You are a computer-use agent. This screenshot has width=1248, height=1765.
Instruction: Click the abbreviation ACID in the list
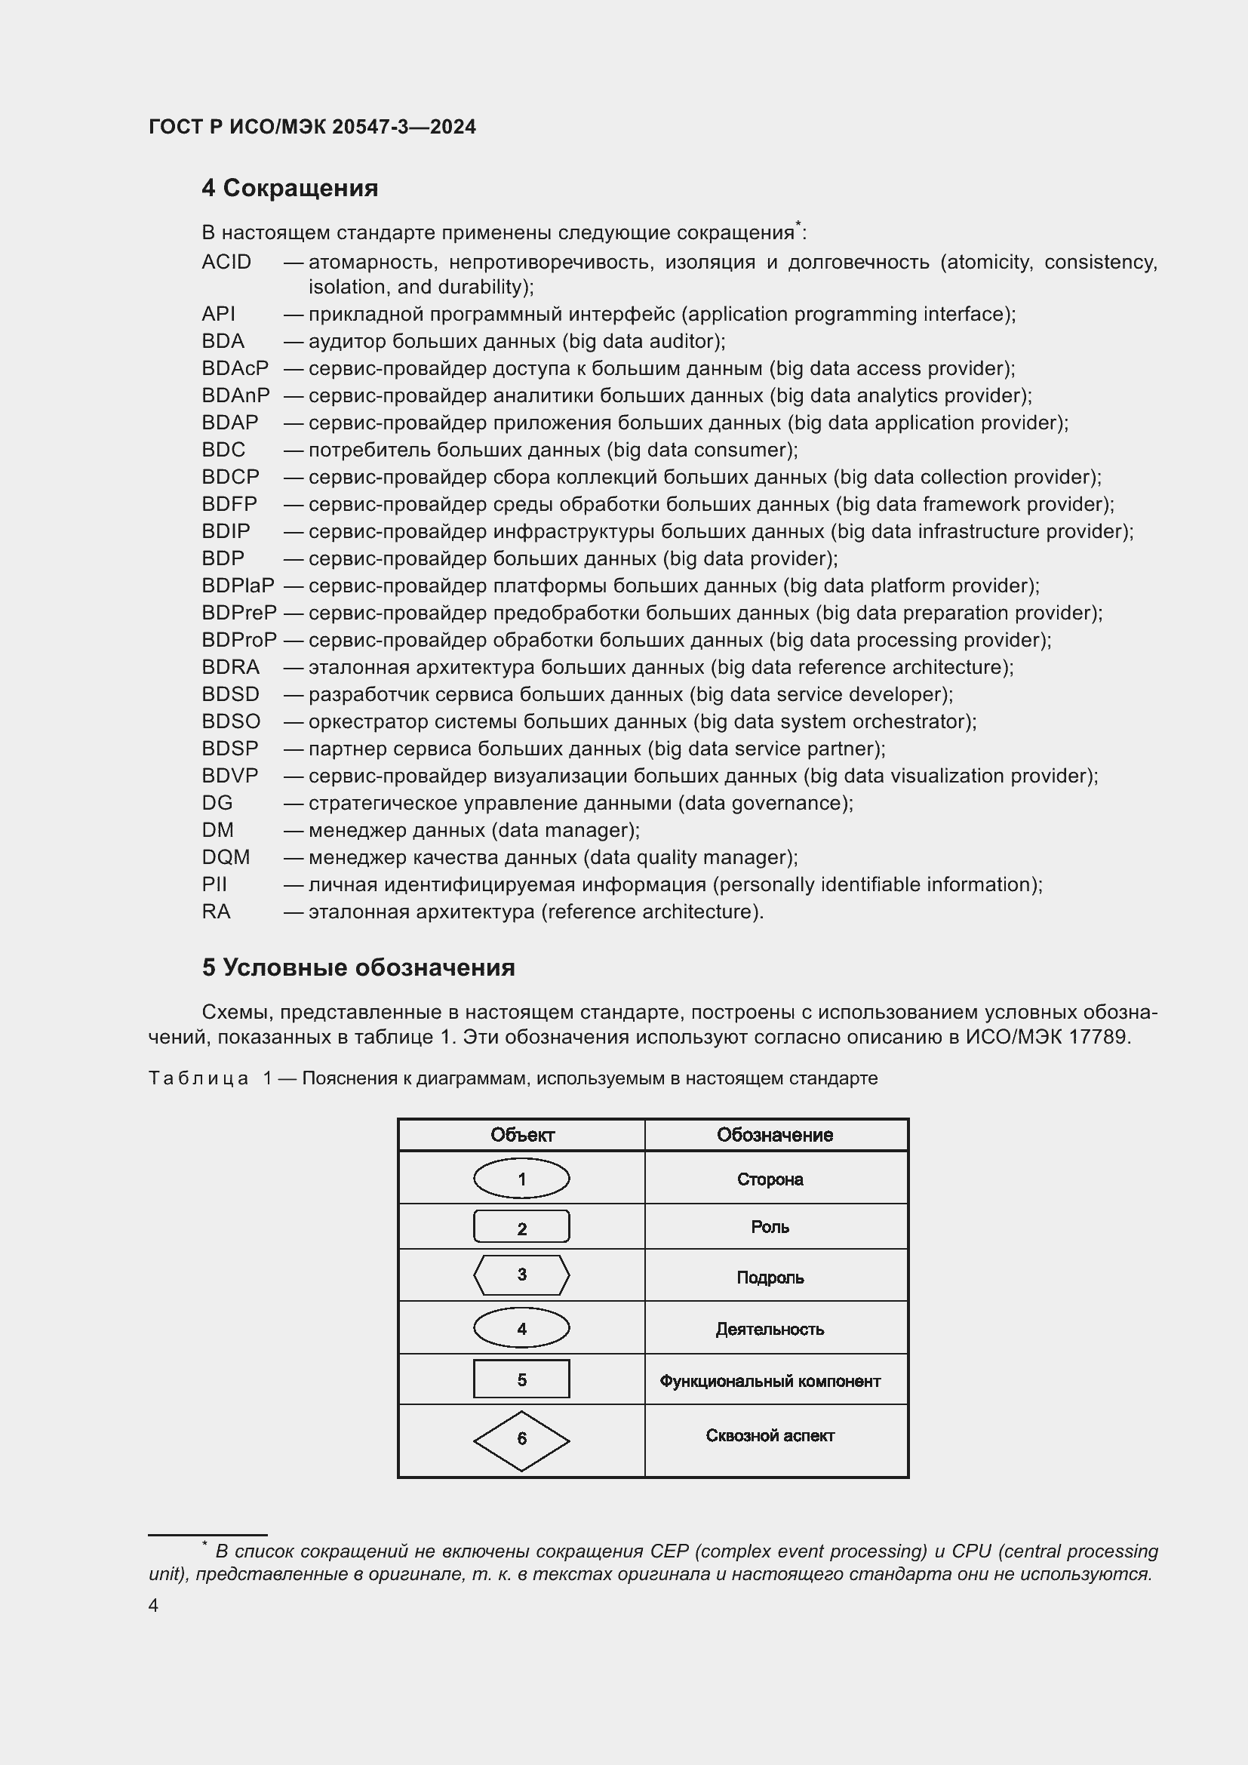226,262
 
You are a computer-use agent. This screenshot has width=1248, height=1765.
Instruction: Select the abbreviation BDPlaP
238,586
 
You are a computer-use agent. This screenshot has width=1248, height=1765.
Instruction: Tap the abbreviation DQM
225,857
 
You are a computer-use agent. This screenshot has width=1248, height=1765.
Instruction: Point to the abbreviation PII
214,884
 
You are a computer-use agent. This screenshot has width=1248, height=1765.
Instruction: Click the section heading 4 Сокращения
290,189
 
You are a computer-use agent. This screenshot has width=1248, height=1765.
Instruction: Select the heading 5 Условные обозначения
358,967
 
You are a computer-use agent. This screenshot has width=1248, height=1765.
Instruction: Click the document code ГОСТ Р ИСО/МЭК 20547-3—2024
312,128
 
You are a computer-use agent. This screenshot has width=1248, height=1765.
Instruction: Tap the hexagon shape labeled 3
521,1275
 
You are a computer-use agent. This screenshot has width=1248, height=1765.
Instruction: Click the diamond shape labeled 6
521,1439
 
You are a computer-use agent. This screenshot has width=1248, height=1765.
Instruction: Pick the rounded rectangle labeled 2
521,1228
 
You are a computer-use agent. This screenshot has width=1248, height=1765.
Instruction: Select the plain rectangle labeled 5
521,1379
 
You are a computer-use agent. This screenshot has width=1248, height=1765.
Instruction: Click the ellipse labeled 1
521,1179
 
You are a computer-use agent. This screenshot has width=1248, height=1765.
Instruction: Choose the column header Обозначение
775,1136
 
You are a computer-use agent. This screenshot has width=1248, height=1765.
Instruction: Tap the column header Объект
522,1136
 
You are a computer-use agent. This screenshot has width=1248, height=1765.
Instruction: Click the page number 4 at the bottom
153,1605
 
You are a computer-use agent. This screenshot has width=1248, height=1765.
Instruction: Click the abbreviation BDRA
231,667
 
